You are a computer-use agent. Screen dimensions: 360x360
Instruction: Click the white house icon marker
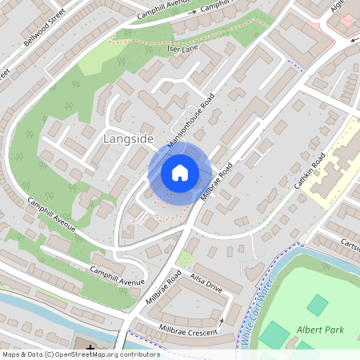coord(180,172)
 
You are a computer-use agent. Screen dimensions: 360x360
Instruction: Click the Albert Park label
coord(319,329)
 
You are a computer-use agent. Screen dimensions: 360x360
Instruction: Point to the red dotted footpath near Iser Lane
coord(152,38)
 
